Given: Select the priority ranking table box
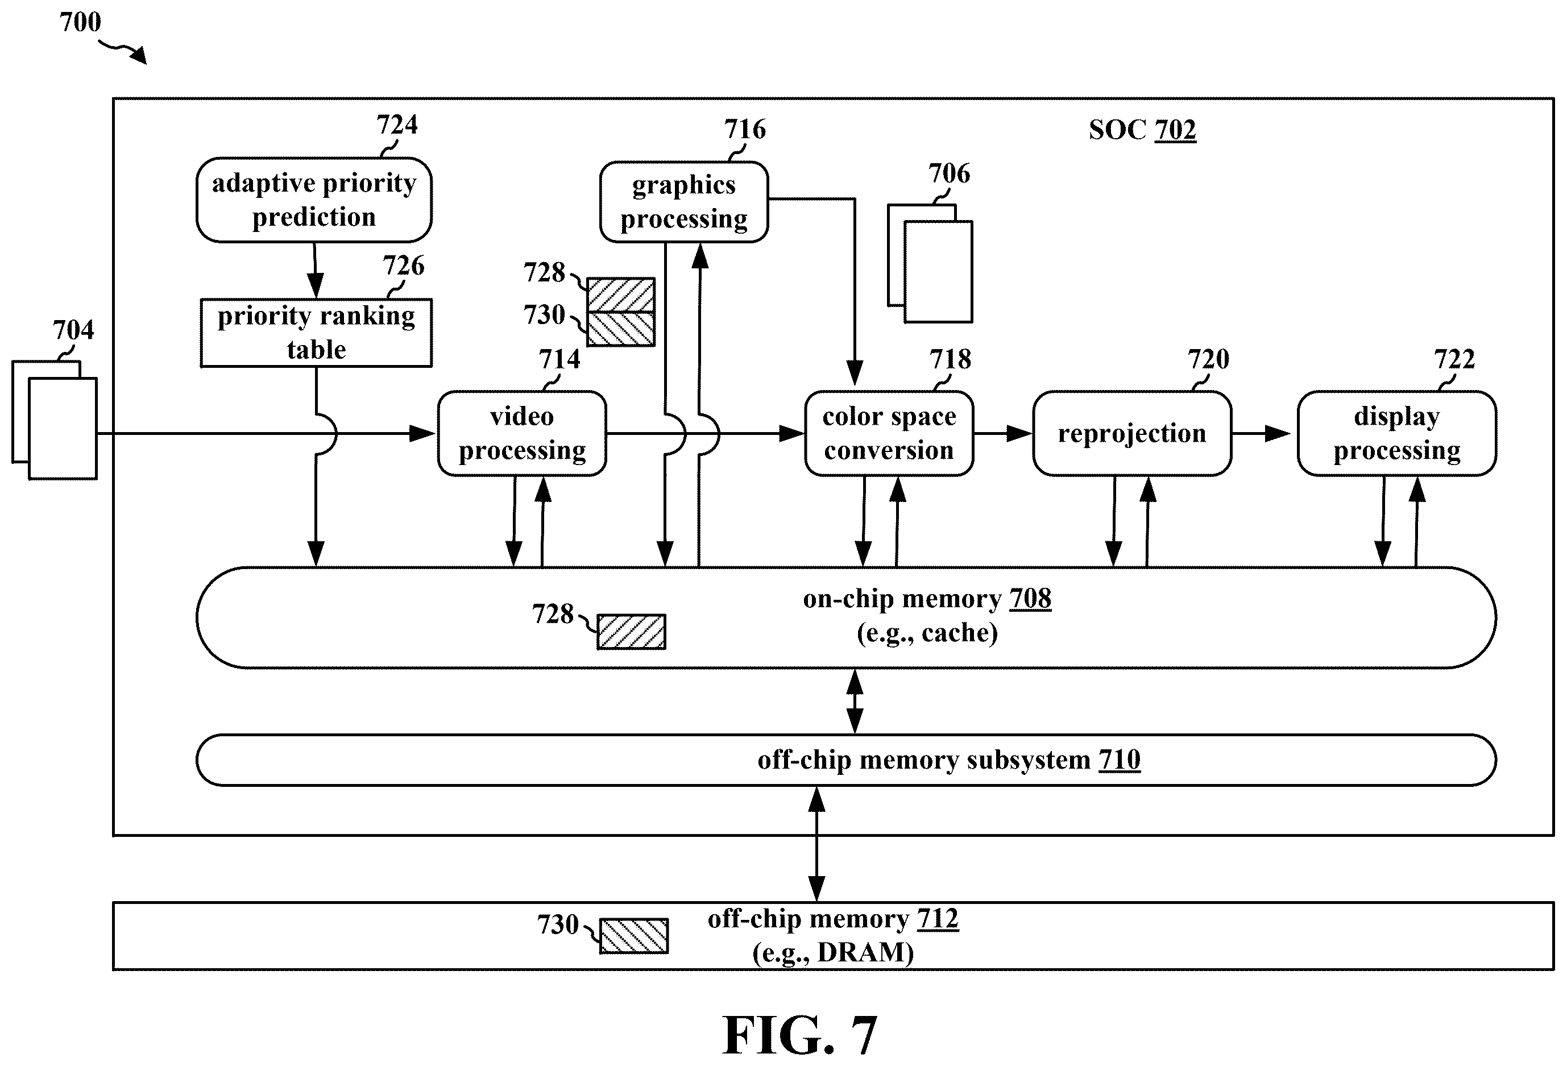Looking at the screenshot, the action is coord(316,333).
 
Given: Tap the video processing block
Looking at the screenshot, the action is coord(522,434).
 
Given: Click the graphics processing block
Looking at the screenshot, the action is coord(683,202).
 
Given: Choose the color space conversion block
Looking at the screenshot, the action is coord(889,434).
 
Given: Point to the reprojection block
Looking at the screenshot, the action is coord(1132,434).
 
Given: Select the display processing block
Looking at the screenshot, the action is coord(1396,434).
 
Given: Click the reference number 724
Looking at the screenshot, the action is coord(396,125).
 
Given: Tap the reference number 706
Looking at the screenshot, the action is coord(950,173).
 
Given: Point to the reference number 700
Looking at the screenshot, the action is coord(80,22).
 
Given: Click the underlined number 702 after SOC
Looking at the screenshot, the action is coord(1175,130).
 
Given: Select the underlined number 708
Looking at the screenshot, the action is coord(1030,599).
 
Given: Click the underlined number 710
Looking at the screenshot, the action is coord(1120,760).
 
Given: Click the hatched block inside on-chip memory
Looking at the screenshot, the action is coord(631,632).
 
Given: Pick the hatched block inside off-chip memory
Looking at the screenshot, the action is coord(634,936).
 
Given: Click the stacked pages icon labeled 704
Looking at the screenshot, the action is coord(55,420).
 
